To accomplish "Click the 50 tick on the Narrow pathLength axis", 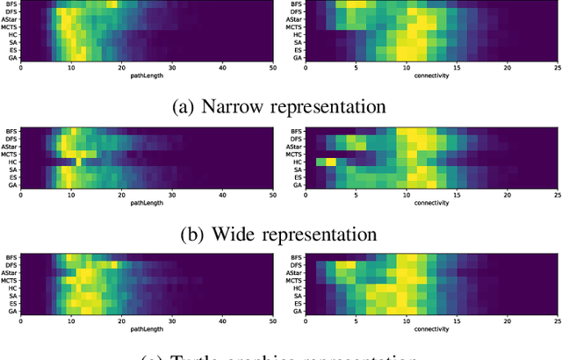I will coord(273,68).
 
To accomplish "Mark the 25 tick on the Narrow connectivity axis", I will coord(557,68).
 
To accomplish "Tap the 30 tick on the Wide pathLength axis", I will coord(172,194).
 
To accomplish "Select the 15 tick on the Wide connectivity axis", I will coord(455,194).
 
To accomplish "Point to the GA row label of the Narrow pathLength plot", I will coord(12,58).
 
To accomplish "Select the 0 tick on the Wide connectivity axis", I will coord(305,194).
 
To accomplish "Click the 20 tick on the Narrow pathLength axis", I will coord(122,68).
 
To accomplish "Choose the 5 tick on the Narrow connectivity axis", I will coord(355,68).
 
